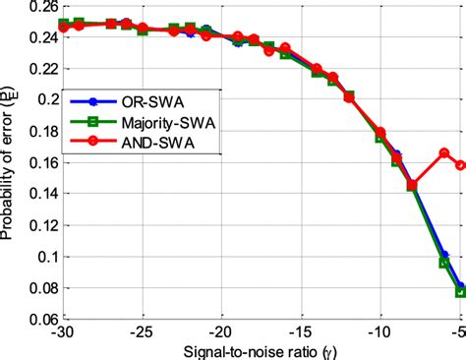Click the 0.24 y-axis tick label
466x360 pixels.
click(41, 37)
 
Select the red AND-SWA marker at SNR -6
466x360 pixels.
click(444, 153)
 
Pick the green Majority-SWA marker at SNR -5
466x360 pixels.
click(460, 292)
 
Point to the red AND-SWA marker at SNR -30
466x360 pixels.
click(64, 28)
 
